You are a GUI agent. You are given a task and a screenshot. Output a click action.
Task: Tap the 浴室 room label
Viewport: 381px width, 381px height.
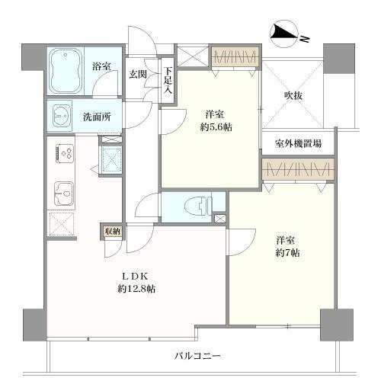pos(101,67)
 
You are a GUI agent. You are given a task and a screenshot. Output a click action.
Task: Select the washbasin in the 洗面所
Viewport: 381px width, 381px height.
pos(60,116)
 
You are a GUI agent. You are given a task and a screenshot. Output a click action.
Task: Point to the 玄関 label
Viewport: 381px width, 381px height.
pos(138,74)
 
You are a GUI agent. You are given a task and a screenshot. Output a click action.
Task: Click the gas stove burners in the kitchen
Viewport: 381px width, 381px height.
pos(64,154)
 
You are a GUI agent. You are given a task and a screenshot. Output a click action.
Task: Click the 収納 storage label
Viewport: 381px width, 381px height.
pos(110,229)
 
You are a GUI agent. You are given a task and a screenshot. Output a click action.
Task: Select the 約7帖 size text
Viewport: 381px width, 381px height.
pos(288,252)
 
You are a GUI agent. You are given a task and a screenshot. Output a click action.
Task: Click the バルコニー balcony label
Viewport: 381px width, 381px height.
pos(197,356)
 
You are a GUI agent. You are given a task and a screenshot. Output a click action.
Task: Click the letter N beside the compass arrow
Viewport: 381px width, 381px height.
pos(303,38)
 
